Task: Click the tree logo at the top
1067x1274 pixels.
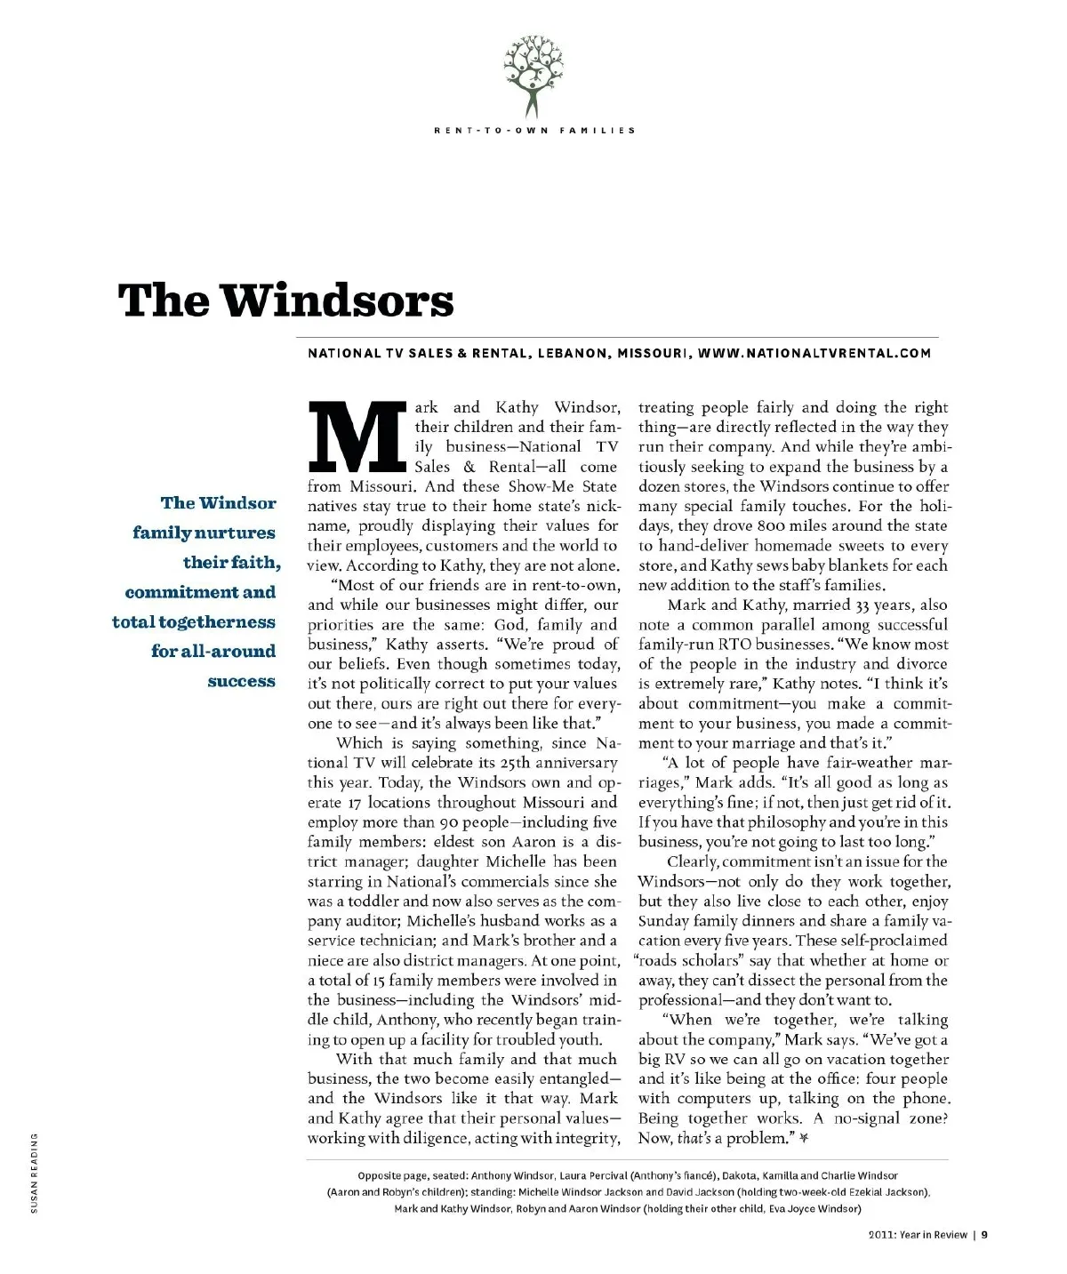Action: coord(533,75)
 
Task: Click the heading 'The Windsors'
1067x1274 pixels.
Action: coord(285,300)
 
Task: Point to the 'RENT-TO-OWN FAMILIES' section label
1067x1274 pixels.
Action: coord(534,131)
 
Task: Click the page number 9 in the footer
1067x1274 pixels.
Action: coord(985,1234)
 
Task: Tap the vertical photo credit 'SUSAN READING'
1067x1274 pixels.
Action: coord(35,1173)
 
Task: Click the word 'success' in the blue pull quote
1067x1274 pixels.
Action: coord(241,681)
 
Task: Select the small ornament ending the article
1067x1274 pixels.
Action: coord(804,1138)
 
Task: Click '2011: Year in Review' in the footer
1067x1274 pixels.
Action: coord(917,1234)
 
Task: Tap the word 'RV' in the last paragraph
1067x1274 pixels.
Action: coord(675,1060)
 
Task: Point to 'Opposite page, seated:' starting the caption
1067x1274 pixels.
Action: coord(412,1175)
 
